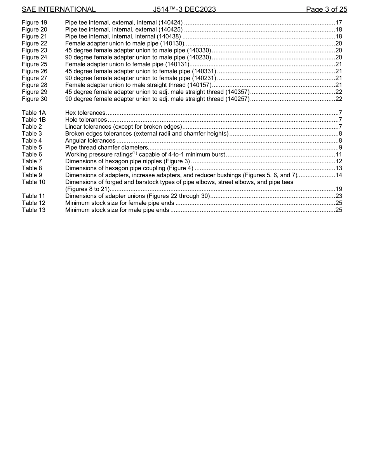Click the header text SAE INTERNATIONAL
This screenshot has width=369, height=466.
(x=59, y=9)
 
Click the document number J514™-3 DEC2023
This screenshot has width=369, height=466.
(x=184, y=9)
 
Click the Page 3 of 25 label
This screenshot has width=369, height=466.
(x=326, y=9)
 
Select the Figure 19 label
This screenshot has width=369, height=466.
(x=35, y=23)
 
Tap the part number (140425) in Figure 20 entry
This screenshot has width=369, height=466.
(x=169, y=30)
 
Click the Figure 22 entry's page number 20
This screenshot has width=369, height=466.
(x=338, y=44)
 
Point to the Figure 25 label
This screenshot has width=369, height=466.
(x=35, y=64)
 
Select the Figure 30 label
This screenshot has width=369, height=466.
(x=35, y=99)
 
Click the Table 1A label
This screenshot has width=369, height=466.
(x=34, y=113)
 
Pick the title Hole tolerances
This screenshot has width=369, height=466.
(x=86, y=120)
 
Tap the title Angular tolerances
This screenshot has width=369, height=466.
(x=90, y=141)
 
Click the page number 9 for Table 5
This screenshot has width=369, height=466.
(x=340, y=148)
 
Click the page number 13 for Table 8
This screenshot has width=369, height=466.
(x=338, y=168)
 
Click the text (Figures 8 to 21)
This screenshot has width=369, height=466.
(x=87, y=189)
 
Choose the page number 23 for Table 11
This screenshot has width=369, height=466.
(x=338, y=196)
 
